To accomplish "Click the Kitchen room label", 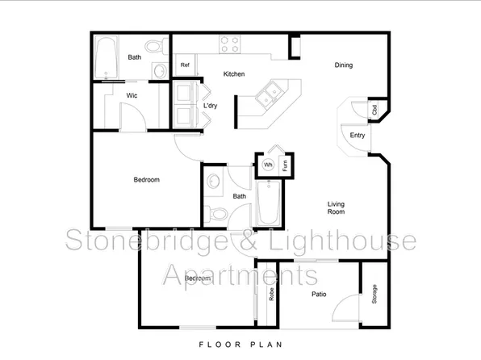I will click(x=234, y=74).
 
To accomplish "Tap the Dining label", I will click(x=344, y=65).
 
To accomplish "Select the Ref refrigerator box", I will click(x=185, y=65).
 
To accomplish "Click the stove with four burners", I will click(x=230, y=44).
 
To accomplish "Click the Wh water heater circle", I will click(x=268, y=165).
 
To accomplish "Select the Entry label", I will click(x=357, y=136).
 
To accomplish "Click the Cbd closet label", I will click(x=374, y=110).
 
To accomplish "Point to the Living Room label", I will click(x=337, y=207).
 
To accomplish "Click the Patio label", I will click(x=319, y=295).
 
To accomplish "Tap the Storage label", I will click(x=374, y=295).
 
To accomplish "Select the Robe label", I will click(x=271, y=296).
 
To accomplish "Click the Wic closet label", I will click(x=131, y=95).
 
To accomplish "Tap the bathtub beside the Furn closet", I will click(x=268, y=203).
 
